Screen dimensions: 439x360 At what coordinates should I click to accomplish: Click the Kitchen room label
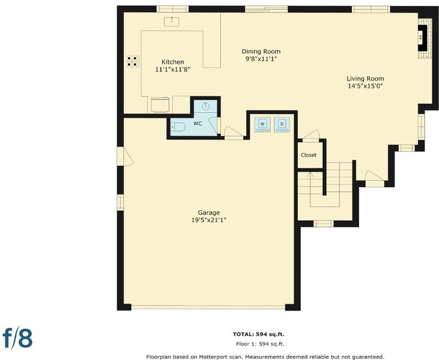[173, 62]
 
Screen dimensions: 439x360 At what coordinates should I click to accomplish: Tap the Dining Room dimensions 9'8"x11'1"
[261, 59]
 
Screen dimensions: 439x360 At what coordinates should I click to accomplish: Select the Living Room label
[365, 79]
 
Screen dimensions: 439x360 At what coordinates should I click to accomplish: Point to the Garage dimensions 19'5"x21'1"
[208, 220]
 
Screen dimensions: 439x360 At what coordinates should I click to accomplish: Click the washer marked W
[262, 124]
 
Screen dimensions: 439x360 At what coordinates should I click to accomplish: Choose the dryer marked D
[282, 124]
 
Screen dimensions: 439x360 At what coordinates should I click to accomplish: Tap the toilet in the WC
[178, 127]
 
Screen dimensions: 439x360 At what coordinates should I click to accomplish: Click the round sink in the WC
[206, 106]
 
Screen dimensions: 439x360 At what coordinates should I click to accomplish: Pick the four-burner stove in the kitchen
[133, 61]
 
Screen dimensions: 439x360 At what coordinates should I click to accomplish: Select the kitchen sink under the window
[172, 21]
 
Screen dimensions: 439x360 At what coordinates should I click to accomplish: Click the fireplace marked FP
[422, 38]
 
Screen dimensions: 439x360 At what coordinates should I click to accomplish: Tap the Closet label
[309, 155]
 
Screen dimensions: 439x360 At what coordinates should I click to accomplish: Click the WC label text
[198, 124]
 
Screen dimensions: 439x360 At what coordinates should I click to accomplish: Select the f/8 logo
[17, 338]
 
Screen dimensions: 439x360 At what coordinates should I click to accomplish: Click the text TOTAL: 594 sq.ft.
[258, 334]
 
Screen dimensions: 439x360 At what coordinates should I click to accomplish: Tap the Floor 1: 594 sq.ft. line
[260, 344]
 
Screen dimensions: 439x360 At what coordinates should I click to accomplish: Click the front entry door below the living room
[375, 179]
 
